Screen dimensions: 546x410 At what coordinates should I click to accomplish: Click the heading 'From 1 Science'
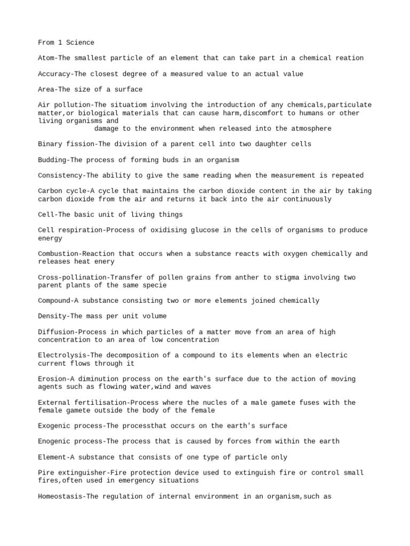(66, 43)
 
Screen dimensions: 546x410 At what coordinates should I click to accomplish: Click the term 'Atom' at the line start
(46, 58)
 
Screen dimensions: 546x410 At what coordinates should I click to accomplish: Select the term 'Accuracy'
(54, 74)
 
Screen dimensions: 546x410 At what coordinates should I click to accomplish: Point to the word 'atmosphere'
(311, 129)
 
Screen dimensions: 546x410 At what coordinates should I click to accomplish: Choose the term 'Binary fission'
(66, 144)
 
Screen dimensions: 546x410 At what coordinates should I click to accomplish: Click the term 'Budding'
(52, 160)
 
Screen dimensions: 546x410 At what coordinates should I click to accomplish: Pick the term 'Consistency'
(60, 175)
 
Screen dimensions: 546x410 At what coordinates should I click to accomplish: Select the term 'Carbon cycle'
(62, 191)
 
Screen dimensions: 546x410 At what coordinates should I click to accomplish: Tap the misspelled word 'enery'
(104, 262)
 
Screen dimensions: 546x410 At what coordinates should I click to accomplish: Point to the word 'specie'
(154, 285)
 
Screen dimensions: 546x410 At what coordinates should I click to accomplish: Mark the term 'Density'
(52, 316)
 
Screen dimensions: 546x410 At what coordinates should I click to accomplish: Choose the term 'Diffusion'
(56, 332)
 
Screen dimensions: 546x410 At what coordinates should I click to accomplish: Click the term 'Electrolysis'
(62, 355)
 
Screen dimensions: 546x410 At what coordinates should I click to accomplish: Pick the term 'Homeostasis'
(60, 496)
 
